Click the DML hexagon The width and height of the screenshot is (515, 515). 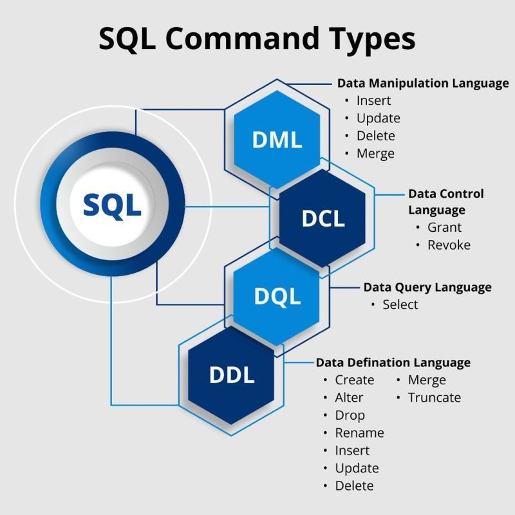tap(277, 140)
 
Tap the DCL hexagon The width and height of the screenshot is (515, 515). tap(323, 218)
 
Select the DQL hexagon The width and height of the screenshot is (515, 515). tap(277, 296)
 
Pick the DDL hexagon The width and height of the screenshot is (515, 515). tap(232, 375)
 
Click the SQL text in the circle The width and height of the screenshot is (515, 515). tap(112, 205)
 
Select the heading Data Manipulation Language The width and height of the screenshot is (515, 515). tap(423, 84)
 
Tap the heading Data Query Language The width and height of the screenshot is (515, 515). tap(427, 287)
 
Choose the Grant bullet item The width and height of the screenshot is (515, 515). tap(444, 227)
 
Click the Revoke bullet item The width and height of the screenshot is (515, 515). tap(449, 245)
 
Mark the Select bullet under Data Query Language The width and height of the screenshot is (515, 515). tap(400, 304)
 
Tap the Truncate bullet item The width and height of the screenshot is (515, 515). tap(434, 397)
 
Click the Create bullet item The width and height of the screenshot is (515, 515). tap(354, 380)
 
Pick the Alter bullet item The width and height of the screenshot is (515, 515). tap(349, 397)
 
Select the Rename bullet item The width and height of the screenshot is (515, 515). tap(359, 433)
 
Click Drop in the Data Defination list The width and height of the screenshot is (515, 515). tap(350, 415)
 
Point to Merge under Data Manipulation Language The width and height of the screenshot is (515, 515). tap(375, 153)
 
